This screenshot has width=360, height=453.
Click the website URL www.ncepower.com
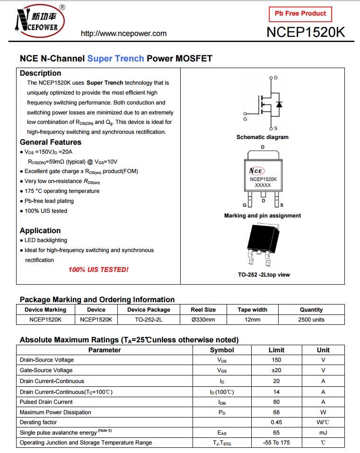click(x=123, y=34)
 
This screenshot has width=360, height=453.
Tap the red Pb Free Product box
click(x=300, y=14)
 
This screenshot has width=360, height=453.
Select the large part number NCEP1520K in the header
click(x=306, y=32)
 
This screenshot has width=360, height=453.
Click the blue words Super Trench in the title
click(x=115, y=59)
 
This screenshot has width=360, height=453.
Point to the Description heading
click(x=40, y=73)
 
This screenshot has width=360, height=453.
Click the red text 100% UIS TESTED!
click(x=98, y=270)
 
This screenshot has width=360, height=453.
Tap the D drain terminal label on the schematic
click(x=275, y=78)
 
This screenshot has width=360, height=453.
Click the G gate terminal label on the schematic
click(x=245, y=119)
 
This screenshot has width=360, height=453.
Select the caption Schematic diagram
click(x=262, y=137)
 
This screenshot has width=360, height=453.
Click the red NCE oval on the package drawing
click(x=257, y=171)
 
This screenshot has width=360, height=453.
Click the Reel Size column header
click(x=203, y=310)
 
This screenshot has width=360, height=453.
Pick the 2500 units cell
click(x=311, y=320)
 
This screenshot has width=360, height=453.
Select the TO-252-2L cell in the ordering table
click(x=148, y=320)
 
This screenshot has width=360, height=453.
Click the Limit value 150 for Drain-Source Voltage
click(x=276, y=360)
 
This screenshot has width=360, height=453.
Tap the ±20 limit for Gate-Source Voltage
click(x=276, y=370)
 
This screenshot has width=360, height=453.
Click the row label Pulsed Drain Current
click(x=46, y=402)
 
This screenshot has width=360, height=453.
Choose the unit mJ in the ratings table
click(x=323, y=433)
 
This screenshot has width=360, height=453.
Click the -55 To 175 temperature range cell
click(x=276, y=443)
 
